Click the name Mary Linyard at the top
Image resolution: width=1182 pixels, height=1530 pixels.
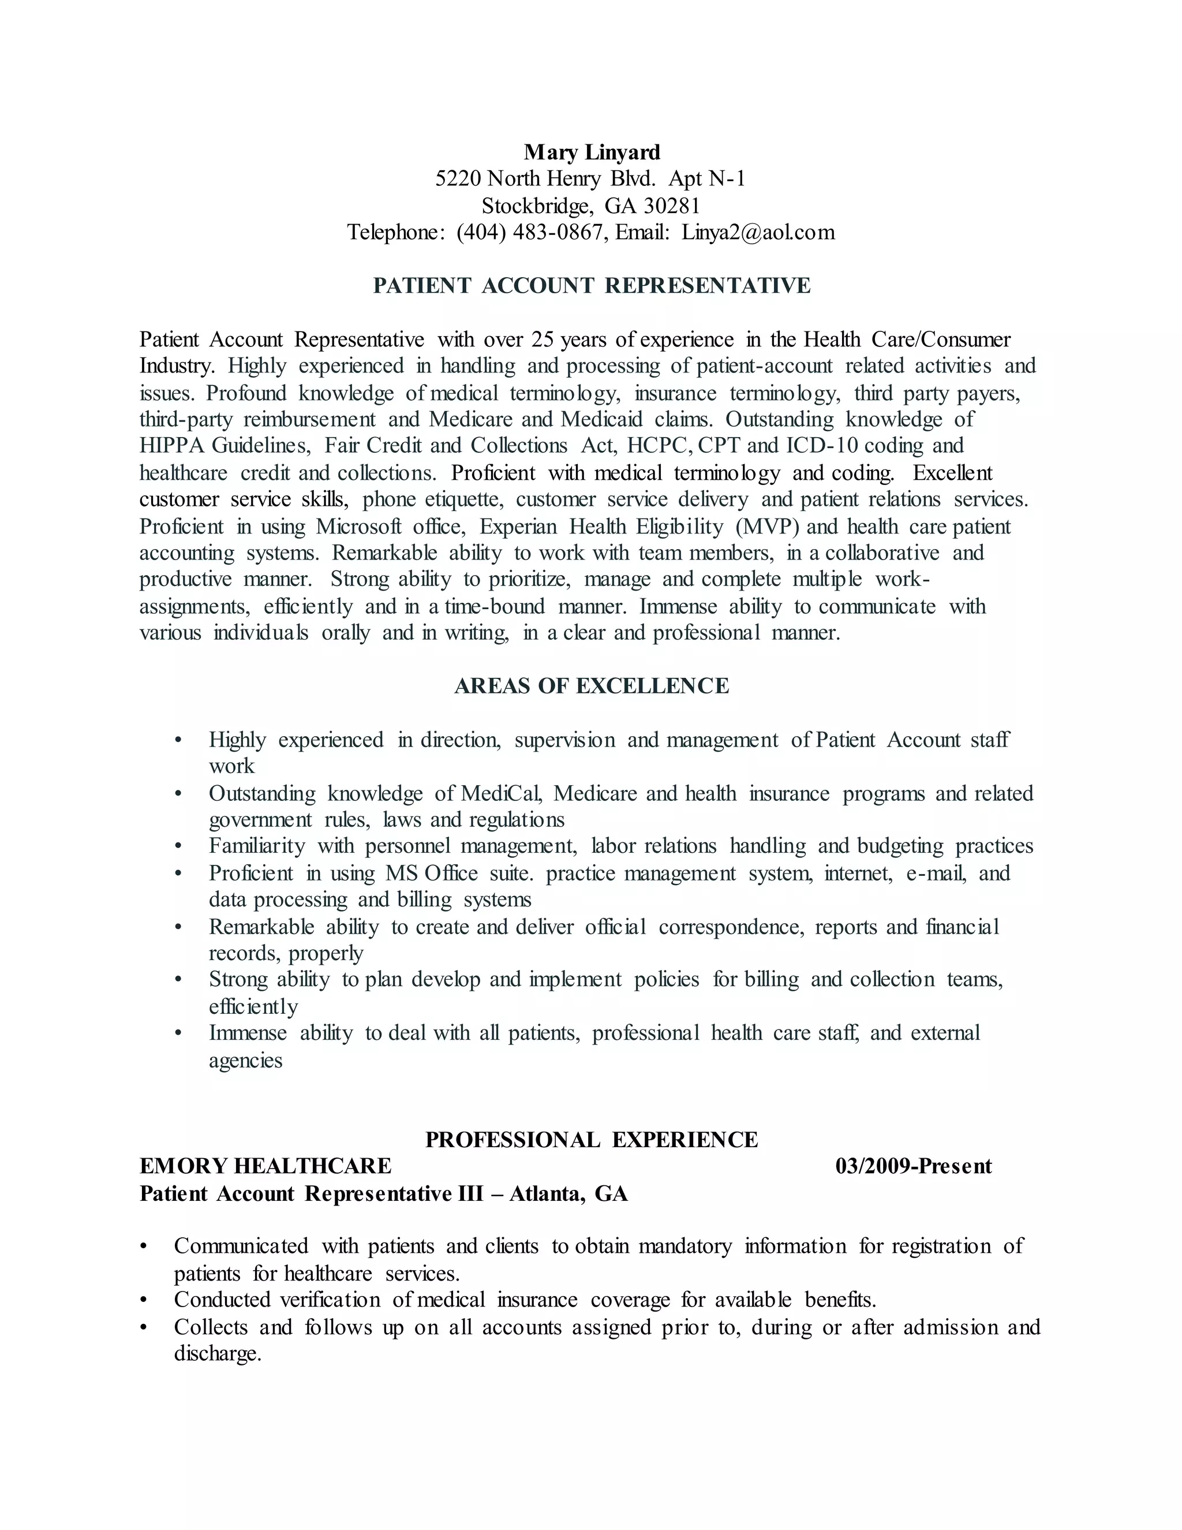coord(592,152)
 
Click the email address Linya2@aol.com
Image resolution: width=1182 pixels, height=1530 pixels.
coord(758,232)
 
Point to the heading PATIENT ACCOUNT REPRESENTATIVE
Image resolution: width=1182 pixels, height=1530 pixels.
coord(592,286)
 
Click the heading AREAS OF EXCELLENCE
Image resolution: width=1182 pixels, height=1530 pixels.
coord(592,686)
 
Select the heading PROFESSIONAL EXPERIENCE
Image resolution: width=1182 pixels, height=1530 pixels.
coord(592,1140)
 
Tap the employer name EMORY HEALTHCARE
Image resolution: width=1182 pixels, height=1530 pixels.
coord(265,1166)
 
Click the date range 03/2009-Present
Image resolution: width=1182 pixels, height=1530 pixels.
coord(913,1166)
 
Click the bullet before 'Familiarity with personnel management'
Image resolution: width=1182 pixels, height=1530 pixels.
coord(178,847)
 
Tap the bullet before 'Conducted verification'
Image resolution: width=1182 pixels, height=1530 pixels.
coord(144,1301)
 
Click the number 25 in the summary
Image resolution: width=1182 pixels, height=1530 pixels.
coord(543,339)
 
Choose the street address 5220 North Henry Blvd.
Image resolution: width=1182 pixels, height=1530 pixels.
coord(545,178)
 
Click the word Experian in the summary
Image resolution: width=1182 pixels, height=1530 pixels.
coord(518,527)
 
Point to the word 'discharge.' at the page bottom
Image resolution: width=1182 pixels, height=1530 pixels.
coord(218,1354)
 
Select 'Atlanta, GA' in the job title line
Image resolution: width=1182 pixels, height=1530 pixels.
coord(568,1194)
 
